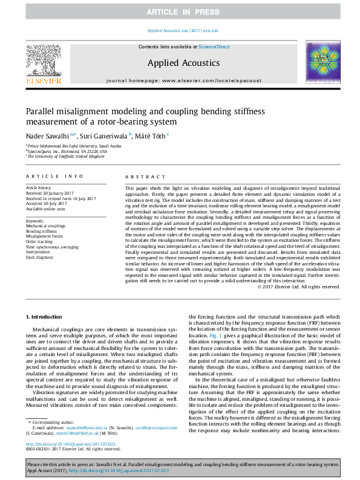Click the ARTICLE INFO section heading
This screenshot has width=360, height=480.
[x=54, y=176]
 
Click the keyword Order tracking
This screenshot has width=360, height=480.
[x=39, y=242]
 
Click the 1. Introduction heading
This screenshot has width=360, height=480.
[x=45, y=317]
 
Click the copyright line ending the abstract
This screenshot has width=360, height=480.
[x=299, y=287]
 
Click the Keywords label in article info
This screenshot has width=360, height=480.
[x=35, y=221]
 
